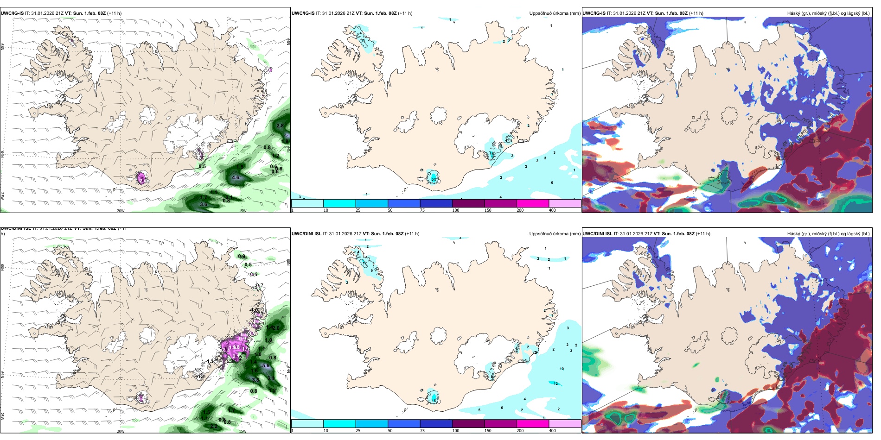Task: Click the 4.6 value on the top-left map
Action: (236, 177)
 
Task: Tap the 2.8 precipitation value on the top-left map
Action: (280, 126)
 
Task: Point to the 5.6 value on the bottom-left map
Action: (266, 365)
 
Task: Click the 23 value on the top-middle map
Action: (434, 179)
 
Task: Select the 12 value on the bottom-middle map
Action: (555, 383)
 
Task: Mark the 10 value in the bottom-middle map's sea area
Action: (562, 369)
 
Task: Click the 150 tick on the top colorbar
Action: (488, 210)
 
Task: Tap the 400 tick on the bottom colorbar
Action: (552, 431)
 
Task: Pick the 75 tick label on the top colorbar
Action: (422, 210)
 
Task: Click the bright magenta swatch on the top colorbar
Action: (532, 203)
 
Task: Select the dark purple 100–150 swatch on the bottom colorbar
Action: (468, 424)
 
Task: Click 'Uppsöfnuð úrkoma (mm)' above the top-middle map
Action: (555, 13)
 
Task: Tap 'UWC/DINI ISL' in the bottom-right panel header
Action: (597, 234)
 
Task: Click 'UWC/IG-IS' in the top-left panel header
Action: (12, 13)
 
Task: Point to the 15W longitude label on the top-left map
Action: (242, 211)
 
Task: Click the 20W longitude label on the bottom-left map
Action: (121, 431)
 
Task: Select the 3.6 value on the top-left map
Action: (204, 204)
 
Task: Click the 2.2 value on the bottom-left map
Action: (214, 426)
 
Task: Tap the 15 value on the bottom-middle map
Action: (434, 400)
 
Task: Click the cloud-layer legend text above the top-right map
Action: (828, 13)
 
